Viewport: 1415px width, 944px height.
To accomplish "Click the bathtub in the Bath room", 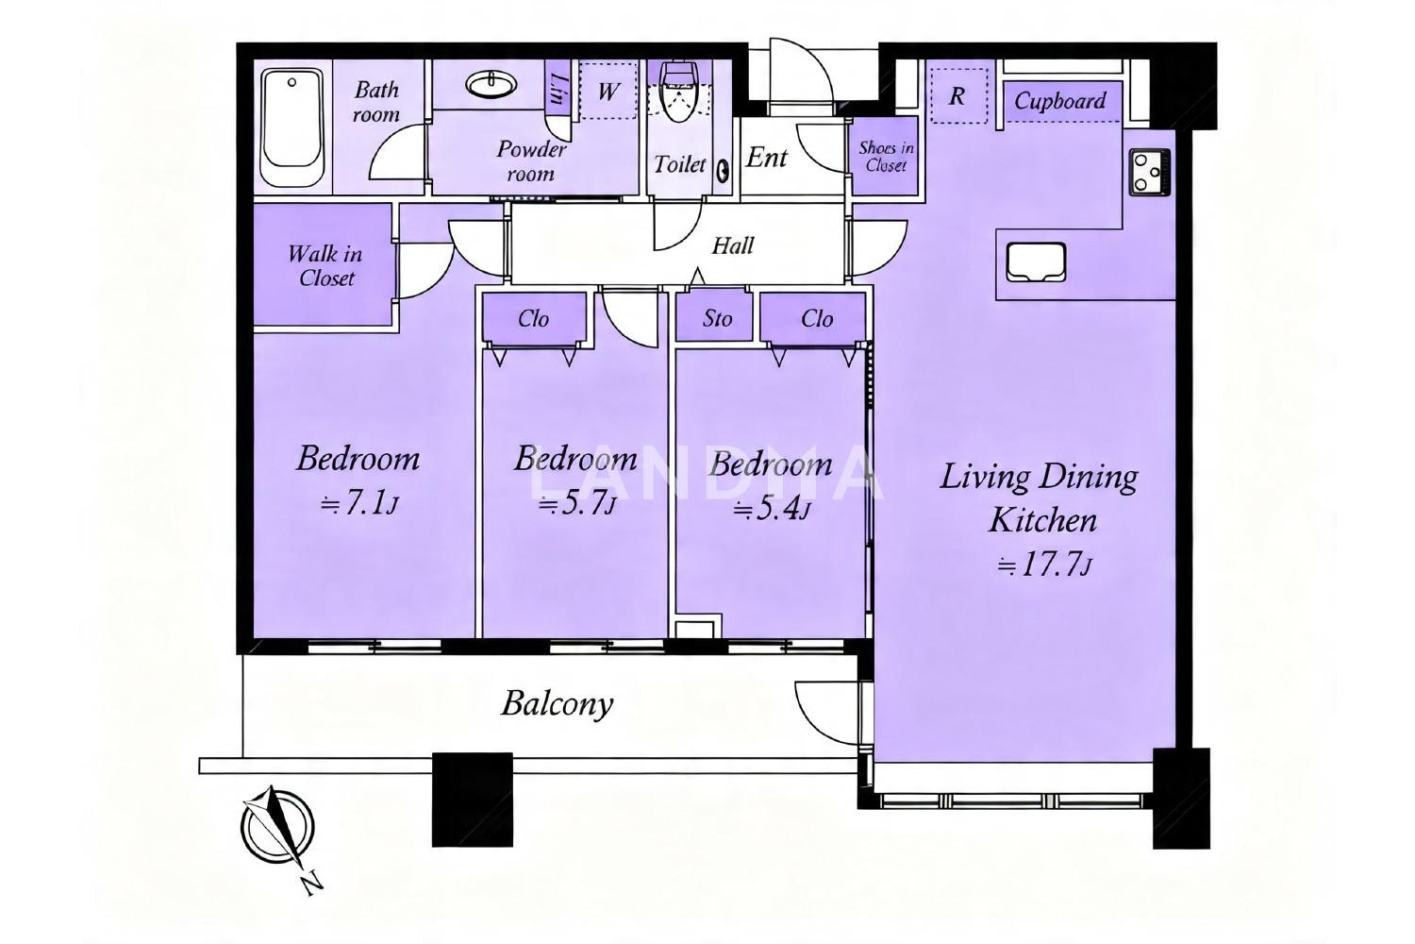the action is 291,127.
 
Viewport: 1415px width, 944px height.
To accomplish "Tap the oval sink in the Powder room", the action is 491,85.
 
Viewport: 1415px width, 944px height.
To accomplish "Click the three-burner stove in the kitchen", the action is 1149,172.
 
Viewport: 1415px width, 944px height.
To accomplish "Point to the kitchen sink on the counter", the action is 1036,261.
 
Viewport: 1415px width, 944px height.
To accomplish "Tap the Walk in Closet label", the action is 325,266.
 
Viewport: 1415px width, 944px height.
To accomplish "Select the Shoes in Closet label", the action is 886,157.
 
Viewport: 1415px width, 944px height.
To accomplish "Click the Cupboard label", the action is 1060,101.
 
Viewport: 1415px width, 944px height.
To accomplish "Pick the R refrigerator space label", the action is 957,96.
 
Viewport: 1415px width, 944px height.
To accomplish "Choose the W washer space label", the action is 608,93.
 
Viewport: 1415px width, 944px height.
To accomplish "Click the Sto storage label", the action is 717,319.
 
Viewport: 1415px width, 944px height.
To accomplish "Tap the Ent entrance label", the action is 767,158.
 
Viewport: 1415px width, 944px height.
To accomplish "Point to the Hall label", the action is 733,245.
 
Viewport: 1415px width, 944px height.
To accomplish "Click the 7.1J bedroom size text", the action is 358,504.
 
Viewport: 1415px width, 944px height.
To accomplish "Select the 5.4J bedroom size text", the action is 771,509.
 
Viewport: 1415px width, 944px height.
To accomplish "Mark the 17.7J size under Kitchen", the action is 1043,565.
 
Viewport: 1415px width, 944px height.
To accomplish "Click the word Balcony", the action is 558,703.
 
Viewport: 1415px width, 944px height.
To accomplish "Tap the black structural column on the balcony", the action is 472,800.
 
